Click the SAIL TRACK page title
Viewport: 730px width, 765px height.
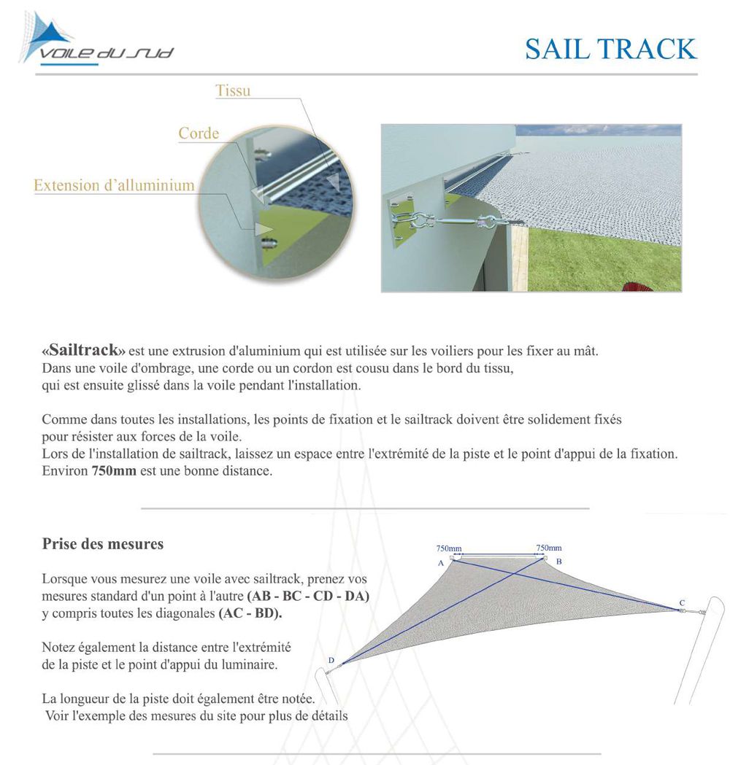pyautogui.click(x=610, y=49)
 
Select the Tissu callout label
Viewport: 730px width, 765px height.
pyautogui.click(x=233, y=91)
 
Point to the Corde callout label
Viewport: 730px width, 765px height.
pyautogui.click(x=199, y=133)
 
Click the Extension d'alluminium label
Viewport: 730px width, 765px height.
pyautogui.click(x=114, y=185)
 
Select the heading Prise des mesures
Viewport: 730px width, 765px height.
pyautogui.click(x=102, y=544)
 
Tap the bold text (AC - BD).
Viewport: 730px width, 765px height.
pyautogui.click(x=250, y=613)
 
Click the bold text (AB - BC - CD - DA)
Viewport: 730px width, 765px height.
pyautogui.click(x=308, y=596)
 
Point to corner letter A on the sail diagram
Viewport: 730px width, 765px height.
pyautogui.click(x=441, y=563)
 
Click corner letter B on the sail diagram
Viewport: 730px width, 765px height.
pyautogui.click(x=558, y=562)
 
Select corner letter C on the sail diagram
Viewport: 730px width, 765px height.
pyautogui.click(x=682, y=602)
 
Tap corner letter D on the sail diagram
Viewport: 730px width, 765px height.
pyautogui.click(x=331, y=661)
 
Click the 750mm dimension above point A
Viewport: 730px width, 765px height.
pyautogui.click(x=448, y=548)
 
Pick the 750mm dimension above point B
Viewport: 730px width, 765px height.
pyautogui.click(x=548, y=547)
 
